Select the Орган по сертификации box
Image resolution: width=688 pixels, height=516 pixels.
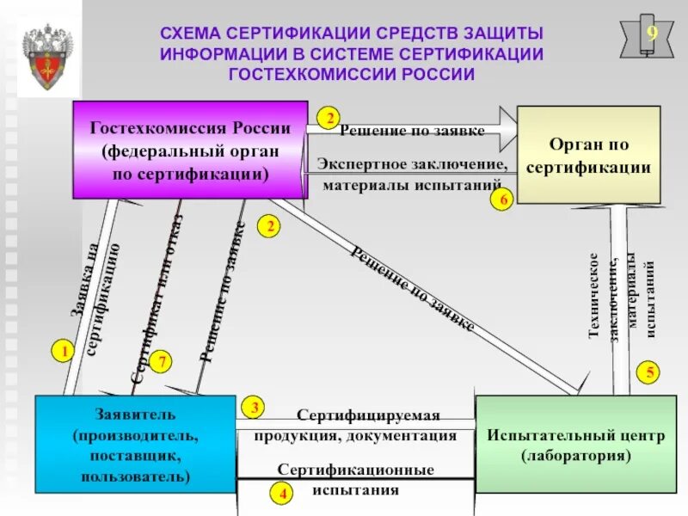pos(588,155)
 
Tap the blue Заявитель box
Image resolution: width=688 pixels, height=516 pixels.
pos(134,443)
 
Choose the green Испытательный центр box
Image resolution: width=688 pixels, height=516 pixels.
pos(574,443)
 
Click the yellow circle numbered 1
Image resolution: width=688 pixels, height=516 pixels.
pos(62,351)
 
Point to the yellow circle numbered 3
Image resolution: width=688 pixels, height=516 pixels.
pos(255,407)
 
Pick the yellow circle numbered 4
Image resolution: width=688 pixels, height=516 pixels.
pos(281,494)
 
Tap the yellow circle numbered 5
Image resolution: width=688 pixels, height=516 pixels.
pos(650,372)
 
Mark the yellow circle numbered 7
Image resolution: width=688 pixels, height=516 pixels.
pos(161,362)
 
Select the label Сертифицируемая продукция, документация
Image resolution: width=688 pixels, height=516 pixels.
pos(354,426)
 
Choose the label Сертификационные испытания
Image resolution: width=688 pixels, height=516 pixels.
pos(354,480)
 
